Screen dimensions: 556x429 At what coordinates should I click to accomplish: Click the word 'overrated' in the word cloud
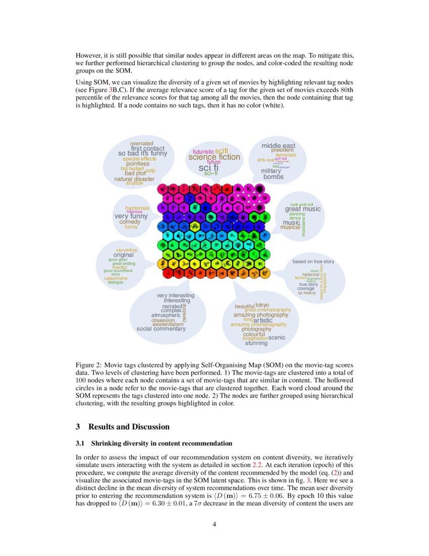pyautogui.click(x=141, y=144)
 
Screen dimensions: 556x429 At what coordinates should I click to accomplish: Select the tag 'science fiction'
pyautogui.click(x=215, y=157)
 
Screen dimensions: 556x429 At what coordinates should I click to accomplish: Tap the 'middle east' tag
pyautogui.click(x=278, y=146)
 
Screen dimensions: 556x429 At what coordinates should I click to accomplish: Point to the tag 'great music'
pyautogui.click(x=303, y=209)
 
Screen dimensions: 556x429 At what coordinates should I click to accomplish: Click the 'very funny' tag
pyautogui.click(x=131, y=216)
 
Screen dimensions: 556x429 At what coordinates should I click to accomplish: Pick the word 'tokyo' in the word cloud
pyautogui.click(x=262, y=305)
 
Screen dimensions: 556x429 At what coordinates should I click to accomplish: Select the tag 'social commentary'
pyautogui.click(x=161, y=329)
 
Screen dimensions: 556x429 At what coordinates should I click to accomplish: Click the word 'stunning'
pyautogui.click(x=256, y=343)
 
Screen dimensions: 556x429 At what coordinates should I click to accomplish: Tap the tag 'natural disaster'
pyautogui.click(x=134, y=179)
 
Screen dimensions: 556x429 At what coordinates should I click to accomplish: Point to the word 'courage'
pyautogui.click(x=306, y=288)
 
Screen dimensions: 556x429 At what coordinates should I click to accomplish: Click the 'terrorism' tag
pyautogui.click(x=286, y=155)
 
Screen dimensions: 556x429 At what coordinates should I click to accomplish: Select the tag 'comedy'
pyautogui.click(x=130, y=222)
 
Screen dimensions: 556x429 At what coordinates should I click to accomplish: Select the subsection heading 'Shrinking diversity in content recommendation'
pyautogui.click(x=161, y=444)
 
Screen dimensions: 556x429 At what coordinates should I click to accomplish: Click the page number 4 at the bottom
pyautogui.click(x=215, y=524)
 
